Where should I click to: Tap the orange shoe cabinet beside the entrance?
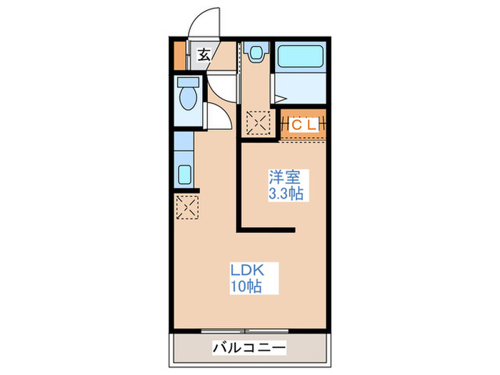tap(179, 56)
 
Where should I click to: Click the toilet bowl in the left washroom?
tap(188, 99)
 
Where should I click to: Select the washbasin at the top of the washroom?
tap(255, 51)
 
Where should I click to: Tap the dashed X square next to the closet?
tap(256, 123)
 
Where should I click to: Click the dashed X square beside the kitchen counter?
tap(187, 208)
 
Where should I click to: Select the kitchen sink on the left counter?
tap(184, 174)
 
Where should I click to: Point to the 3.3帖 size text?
tap(284, 193)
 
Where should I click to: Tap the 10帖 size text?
tap(245, 287)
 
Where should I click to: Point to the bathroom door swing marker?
tap(276, 94)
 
